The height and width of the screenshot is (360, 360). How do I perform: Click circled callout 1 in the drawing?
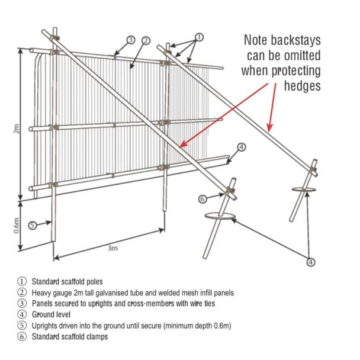pyautogui.click(x=199, y=37)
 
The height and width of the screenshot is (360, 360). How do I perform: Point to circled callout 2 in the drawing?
pyautogui.click(x=144, y=40)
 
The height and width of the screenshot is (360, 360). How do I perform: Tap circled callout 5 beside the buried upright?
pyautogui.click(x=33, y=224)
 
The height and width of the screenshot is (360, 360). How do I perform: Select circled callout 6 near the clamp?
pyautogui.click(x=202, y=199)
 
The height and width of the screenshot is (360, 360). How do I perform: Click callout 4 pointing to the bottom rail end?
pyautogui.click(x=242, y=147)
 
